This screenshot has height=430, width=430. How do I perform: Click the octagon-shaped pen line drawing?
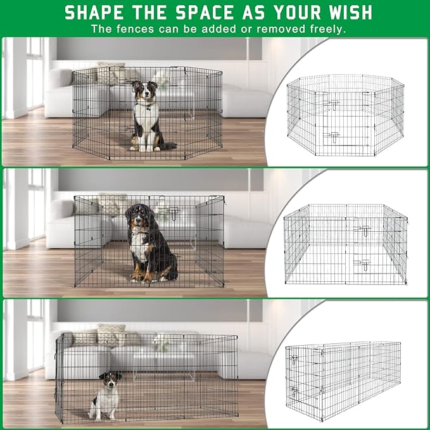click(x=345, y=118)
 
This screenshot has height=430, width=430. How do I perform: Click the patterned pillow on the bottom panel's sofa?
click(x=111, y=335)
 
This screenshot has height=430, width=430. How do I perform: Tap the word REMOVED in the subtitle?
click(x=259, y=29)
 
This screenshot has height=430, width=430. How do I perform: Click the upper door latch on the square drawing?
click(x=362, y=230)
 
